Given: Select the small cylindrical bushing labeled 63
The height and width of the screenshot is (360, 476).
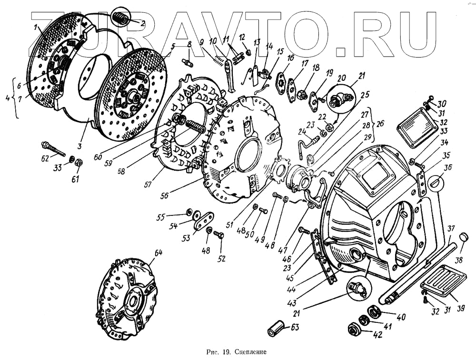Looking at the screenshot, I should click(x=276, y=329).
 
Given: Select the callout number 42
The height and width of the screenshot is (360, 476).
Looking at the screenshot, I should click(x=378, y=334).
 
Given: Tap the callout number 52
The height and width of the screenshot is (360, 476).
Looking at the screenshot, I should click(x=221, y=258).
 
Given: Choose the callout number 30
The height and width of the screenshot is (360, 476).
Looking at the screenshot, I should click(x=442, y=104).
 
